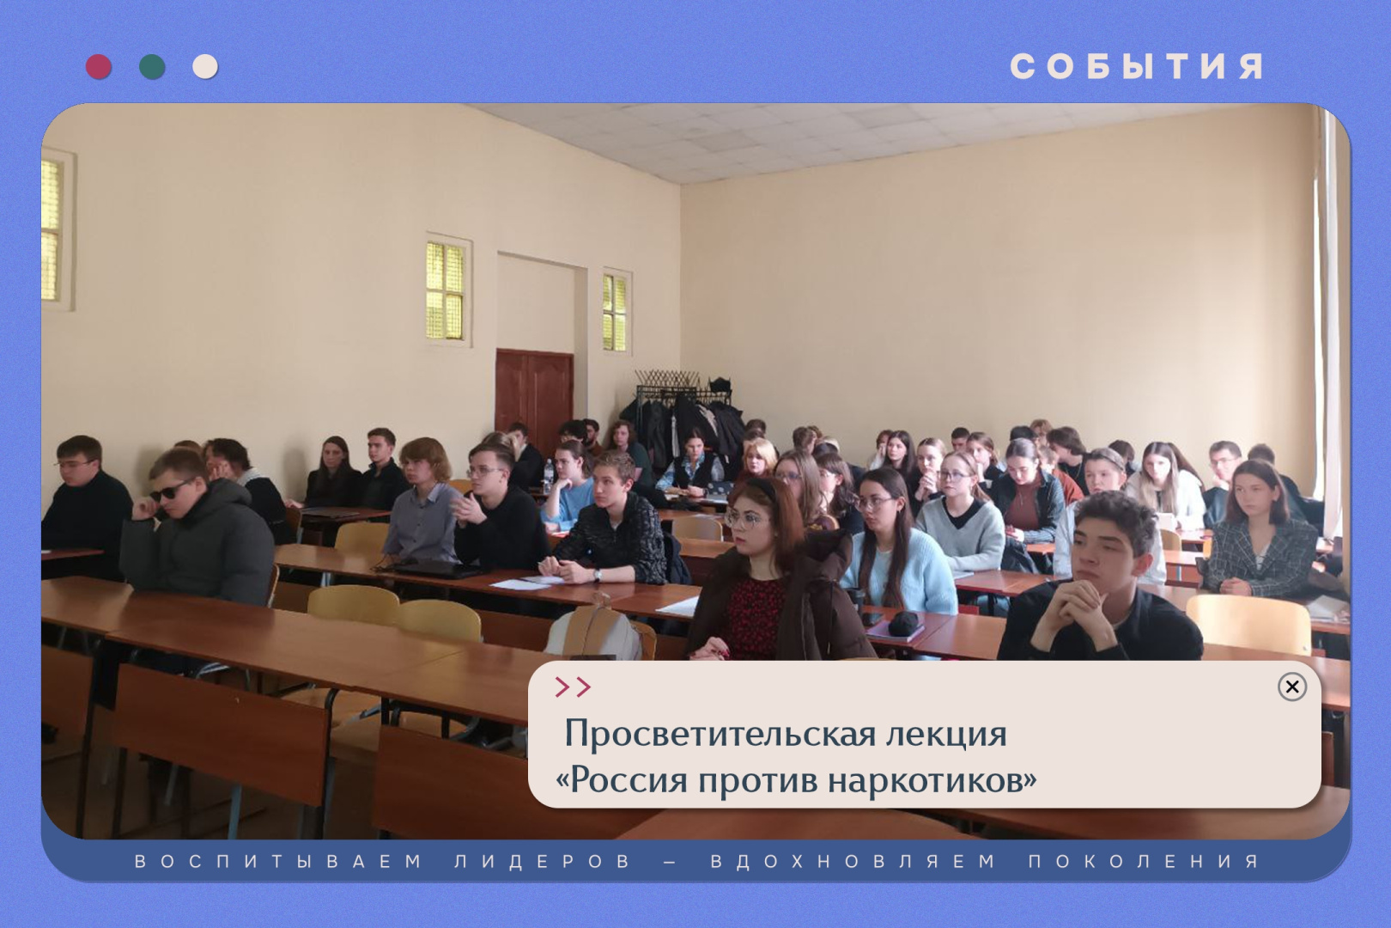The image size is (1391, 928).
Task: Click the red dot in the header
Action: click(x=99, y=66)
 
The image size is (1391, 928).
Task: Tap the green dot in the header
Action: click(x=152, y=66)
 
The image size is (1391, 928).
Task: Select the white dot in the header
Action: click(x=205, y=66)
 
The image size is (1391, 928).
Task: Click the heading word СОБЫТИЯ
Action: click(x=1136, y=66)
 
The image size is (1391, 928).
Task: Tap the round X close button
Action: click(x=1291, y=687)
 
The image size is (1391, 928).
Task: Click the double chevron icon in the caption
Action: click(x=573, y=687)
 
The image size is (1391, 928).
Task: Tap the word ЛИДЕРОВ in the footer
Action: click(x=543, y=861)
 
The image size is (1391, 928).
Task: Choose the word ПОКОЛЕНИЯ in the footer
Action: click(x=1144, y=861)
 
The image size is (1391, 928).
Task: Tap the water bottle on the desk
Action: click(x=548, y=474)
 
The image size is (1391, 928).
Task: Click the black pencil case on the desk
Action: click(x=905, y=624)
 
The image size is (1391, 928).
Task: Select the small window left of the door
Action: click(x=445, y=290)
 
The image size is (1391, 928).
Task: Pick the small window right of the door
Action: click(x=615, y=312)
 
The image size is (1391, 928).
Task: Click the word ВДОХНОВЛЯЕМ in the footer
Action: click(x=853, y=861)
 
